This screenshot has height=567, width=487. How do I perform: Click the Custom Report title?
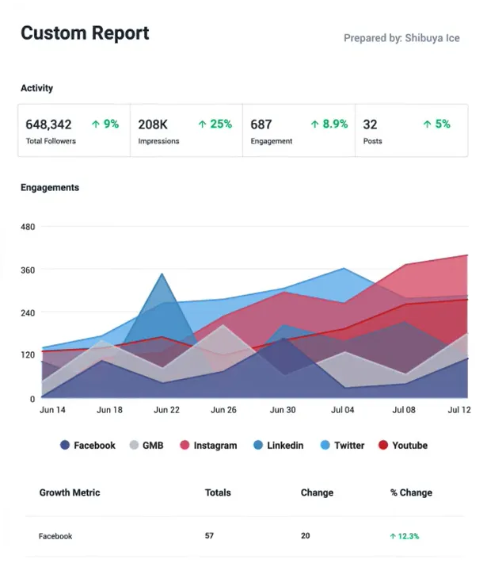coord(85,33)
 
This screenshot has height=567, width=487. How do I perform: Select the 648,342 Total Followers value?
coord(48,125)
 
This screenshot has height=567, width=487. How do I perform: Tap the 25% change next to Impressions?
coord(215,124)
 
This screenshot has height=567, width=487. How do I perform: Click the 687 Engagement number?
coord(261,125)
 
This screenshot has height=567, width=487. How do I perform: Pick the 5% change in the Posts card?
coord(436,124)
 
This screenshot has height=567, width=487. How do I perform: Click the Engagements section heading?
coord(50,188)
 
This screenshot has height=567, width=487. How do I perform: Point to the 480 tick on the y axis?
coord(28,228)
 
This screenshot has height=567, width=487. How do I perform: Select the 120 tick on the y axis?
coord(28,355)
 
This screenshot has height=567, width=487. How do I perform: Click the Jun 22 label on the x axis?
coord(166,410)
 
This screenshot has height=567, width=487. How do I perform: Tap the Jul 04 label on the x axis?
coord(341,410)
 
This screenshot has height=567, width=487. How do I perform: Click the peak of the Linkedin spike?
coord(162,274)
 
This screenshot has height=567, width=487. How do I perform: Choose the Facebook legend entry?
coord(88,446)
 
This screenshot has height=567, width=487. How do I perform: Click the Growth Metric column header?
coord(70,492)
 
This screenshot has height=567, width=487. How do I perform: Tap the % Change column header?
coord(411,492)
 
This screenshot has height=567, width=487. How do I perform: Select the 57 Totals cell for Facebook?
coord(209,536)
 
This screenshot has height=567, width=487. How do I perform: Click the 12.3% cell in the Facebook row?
coord(405,536)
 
